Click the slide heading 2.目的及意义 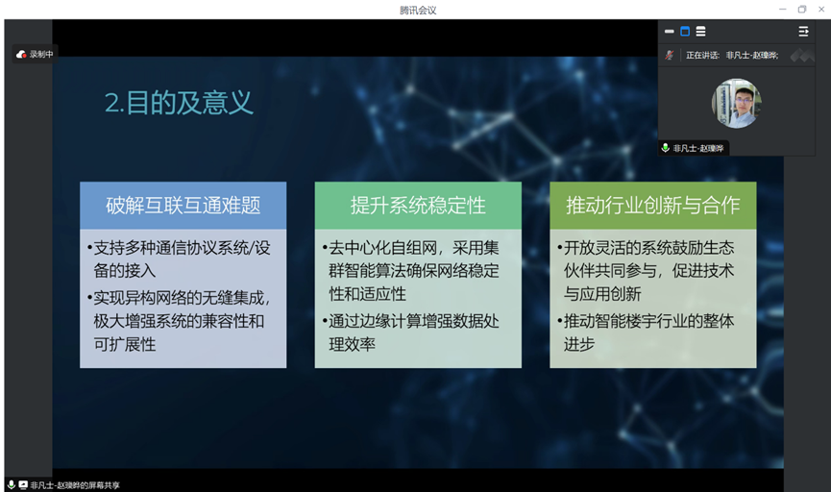[179, 103]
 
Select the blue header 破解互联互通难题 [183, 205]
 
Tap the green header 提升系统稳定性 [418, 205]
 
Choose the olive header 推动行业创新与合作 [652, 205]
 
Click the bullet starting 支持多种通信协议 [182, 258]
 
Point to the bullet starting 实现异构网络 [182, 320]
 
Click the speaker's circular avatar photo [736, 104]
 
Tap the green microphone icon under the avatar [665, 148]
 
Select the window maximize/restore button [801, 10]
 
